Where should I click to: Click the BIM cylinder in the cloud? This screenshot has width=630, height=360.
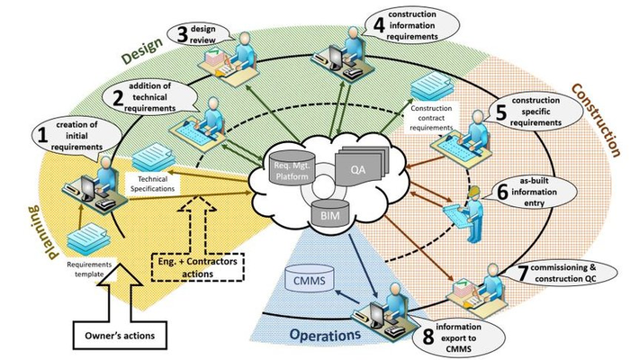320,214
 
